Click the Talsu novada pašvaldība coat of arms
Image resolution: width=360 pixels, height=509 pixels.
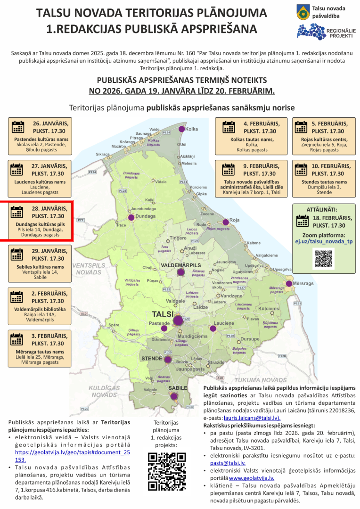(303, 12)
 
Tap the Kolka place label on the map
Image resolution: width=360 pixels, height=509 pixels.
(192, 129)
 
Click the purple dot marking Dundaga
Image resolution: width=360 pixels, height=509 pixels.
(131, 217)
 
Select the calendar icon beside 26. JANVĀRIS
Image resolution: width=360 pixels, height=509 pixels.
(18, 127)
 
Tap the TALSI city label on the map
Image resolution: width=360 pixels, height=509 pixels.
(163, 314)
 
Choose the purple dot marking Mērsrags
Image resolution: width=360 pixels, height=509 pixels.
(289, 284)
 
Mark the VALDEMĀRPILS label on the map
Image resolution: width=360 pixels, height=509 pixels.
(181, 266)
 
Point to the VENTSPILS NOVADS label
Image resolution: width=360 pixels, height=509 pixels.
(89, 269)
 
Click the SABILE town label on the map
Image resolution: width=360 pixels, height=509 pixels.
(178, 387)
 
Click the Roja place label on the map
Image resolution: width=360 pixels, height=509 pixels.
(235, 220)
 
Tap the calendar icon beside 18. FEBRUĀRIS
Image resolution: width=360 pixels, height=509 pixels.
(302, 222)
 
